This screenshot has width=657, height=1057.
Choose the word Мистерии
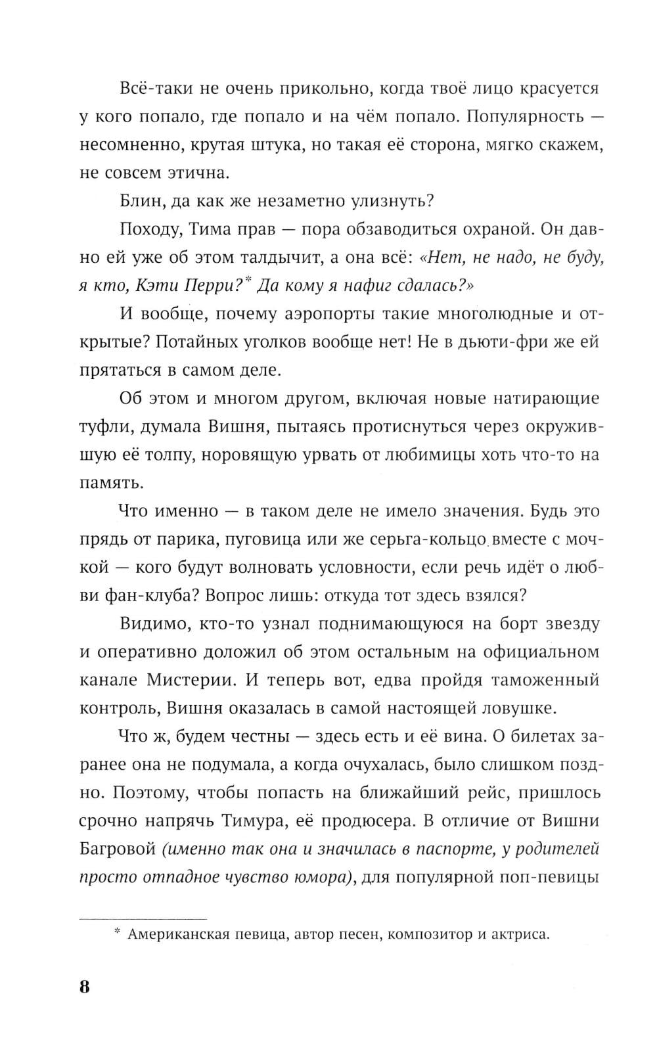[188, 680]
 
